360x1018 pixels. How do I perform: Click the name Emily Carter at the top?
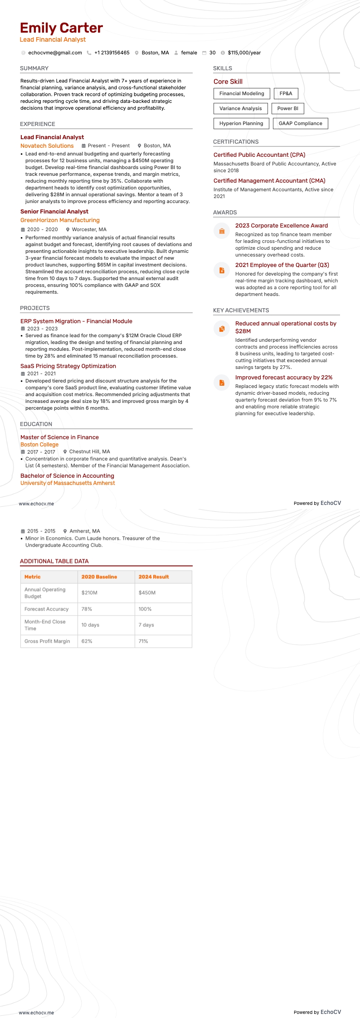coord(61,28)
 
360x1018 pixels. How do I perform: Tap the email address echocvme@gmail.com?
coord(55,53)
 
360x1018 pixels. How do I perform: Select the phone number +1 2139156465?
coord(112,53)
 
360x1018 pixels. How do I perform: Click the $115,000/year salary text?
coord(244,53)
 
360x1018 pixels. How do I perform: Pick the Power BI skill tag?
coord(287,108)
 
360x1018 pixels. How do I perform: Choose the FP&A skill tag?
coord(286,93)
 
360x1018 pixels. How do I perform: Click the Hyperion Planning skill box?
coord(241,123)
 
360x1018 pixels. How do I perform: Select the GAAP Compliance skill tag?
coord(300,123)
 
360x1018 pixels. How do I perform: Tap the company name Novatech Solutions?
coord(47,146)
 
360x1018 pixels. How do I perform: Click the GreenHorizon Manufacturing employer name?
coord(60,220)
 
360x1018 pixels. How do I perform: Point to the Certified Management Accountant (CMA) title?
coord(269,181)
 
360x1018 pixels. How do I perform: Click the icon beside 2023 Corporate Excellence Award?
coord(222,231)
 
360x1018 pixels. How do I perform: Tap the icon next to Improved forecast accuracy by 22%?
coord(222,383)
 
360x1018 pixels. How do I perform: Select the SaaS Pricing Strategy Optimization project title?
coord(68,366)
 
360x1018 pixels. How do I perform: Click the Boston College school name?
coord(39,445)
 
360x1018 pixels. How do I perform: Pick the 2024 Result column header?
coord(154,577)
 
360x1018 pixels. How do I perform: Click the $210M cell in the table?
coord(89,593)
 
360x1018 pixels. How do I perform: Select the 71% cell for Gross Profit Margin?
coord(143,641)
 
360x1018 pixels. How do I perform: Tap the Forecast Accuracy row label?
coord(46,609)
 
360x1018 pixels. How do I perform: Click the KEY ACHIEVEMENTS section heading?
coord(241,310)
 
